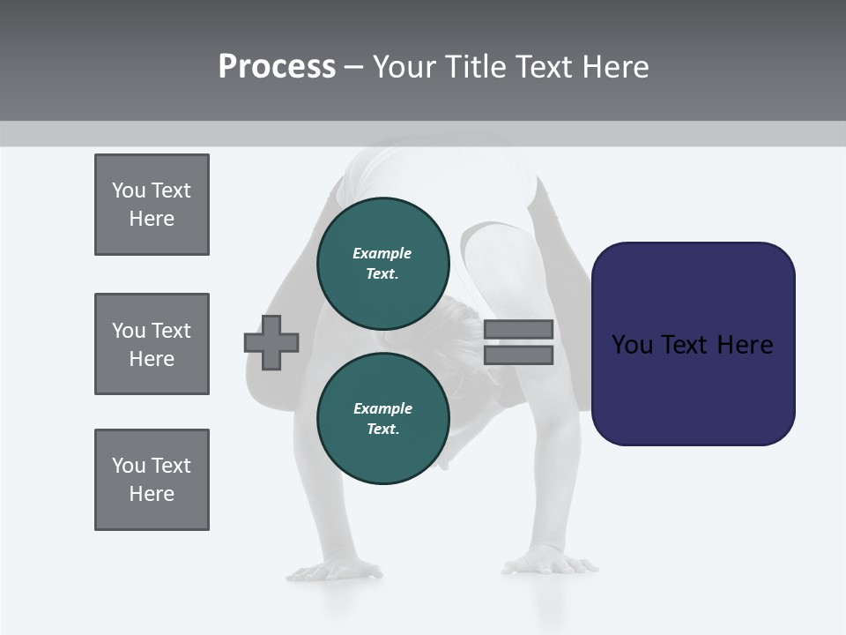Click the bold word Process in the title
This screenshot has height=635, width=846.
(277, 67)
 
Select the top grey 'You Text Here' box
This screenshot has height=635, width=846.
(152, 205)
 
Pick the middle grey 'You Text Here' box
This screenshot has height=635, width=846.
(152, 344)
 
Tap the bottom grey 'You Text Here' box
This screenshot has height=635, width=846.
(152, 480)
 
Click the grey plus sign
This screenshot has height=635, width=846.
(271, 342)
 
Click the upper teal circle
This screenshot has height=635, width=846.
(382, 263)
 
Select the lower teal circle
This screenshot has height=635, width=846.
(382, 418)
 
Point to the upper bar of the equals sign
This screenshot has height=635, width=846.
(518, 329)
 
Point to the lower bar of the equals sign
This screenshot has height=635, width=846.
(518, 355)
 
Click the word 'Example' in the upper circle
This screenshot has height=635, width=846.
(382, 253)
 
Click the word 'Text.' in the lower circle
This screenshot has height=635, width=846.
(382, 430)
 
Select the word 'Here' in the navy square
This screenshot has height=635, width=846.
(745, 345)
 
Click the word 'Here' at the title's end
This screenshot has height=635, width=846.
(617, 67)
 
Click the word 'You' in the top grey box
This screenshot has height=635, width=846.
(129, 190)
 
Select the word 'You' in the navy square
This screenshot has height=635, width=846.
(633, 345)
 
